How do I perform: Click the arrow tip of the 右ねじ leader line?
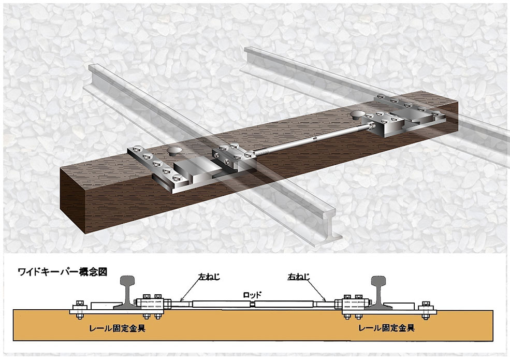[326, 300]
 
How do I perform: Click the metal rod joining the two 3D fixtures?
[311, 139]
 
